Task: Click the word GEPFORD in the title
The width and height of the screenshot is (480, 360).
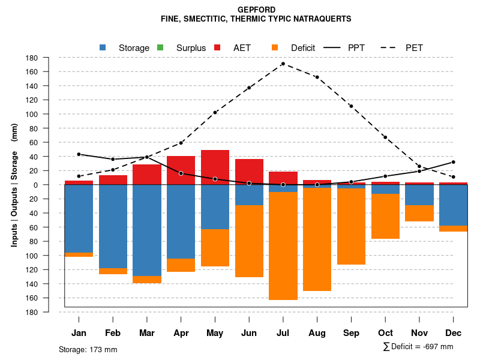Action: [256, 10]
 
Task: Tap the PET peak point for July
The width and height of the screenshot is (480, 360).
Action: [283, 64]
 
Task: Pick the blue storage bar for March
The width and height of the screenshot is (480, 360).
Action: [147, 230]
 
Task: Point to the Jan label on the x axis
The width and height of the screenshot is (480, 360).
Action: [79, 333]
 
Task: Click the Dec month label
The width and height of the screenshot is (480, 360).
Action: [454, 333]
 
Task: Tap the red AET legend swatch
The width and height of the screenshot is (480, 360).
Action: [218, 47]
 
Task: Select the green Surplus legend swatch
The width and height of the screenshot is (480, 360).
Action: [160, 47]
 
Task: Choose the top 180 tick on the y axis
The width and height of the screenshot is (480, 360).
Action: [32, 58]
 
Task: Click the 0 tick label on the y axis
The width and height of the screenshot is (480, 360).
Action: [35, 185]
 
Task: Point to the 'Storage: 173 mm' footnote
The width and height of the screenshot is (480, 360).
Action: [88, 349]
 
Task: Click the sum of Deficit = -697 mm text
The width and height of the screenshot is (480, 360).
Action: [418, 347]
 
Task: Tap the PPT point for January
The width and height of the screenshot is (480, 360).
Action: [79, 154]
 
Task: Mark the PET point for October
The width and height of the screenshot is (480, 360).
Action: [385, 137]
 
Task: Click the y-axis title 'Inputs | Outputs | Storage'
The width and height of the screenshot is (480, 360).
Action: [14, 185]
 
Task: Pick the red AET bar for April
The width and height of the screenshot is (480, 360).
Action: [181, 170]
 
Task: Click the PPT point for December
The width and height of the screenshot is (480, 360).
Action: [454, 162]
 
